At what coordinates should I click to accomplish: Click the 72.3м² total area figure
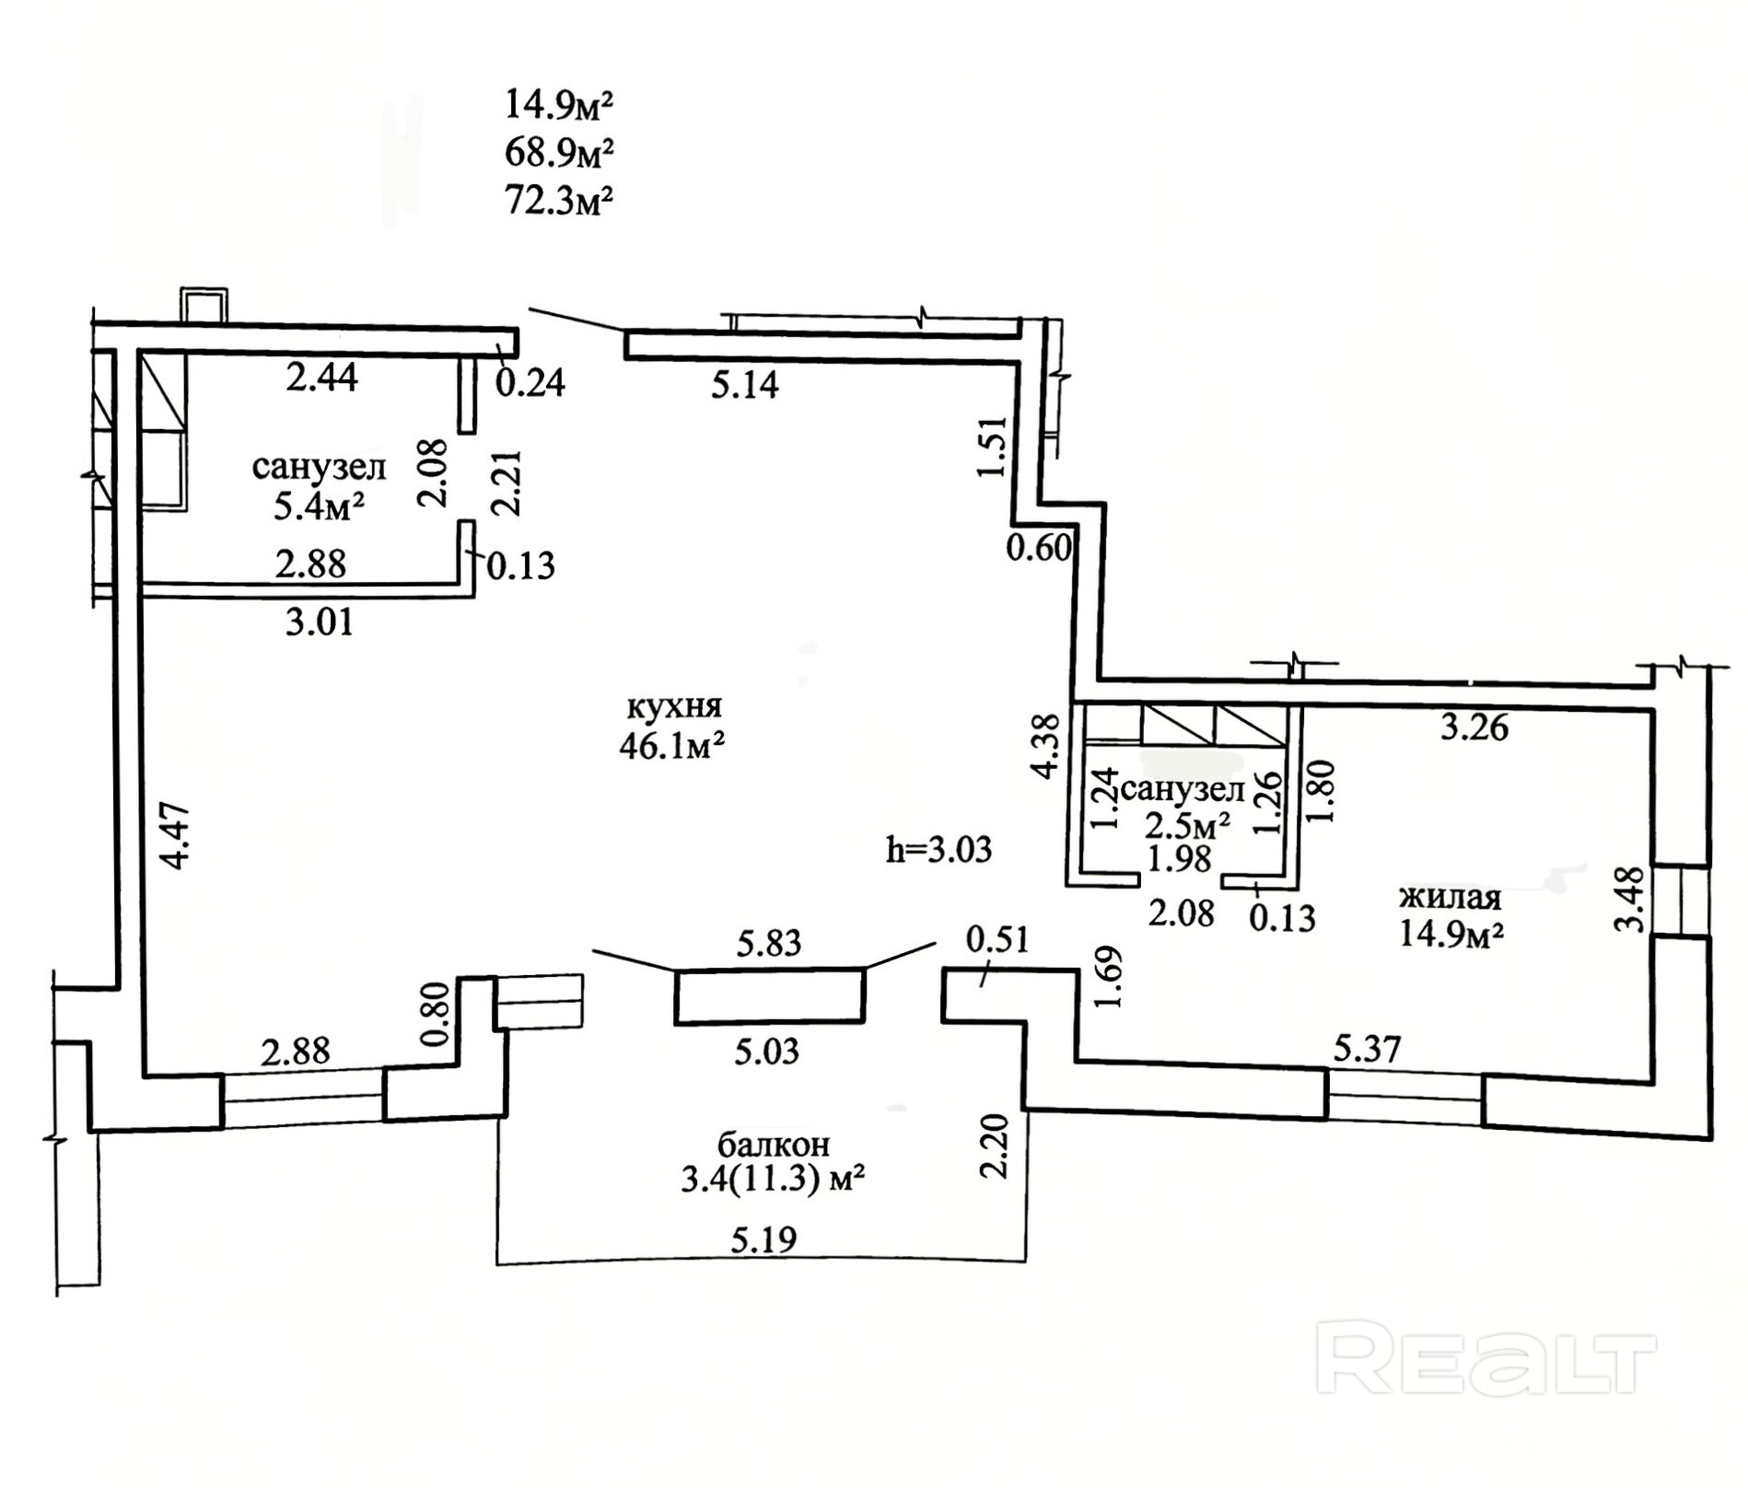(x=558, y=200)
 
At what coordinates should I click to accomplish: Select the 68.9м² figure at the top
(x=558, y=153)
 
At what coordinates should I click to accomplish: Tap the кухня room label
(x=674, y=707)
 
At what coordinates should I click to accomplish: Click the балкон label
(x=774, y=1144)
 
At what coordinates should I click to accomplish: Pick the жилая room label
(x=1451, y=897)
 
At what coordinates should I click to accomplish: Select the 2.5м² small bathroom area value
(x=1187, y=825)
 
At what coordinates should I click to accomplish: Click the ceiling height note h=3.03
(x=938, y=849)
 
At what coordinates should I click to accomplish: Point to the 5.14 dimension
(x=745, y=384)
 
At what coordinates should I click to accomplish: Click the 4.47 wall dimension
(x=175, y=836)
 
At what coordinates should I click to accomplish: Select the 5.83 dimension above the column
(x=769, y=943)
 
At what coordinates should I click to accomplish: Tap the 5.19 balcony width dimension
(x=763, y=1240)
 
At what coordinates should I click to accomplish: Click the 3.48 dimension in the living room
(x=1631, y=900)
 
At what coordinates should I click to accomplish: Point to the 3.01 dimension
(x=320, y=622)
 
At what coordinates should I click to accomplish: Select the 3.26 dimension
(x=1474, y=728)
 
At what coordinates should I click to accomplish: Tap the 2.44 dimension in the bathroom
(x=321, y=378)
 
